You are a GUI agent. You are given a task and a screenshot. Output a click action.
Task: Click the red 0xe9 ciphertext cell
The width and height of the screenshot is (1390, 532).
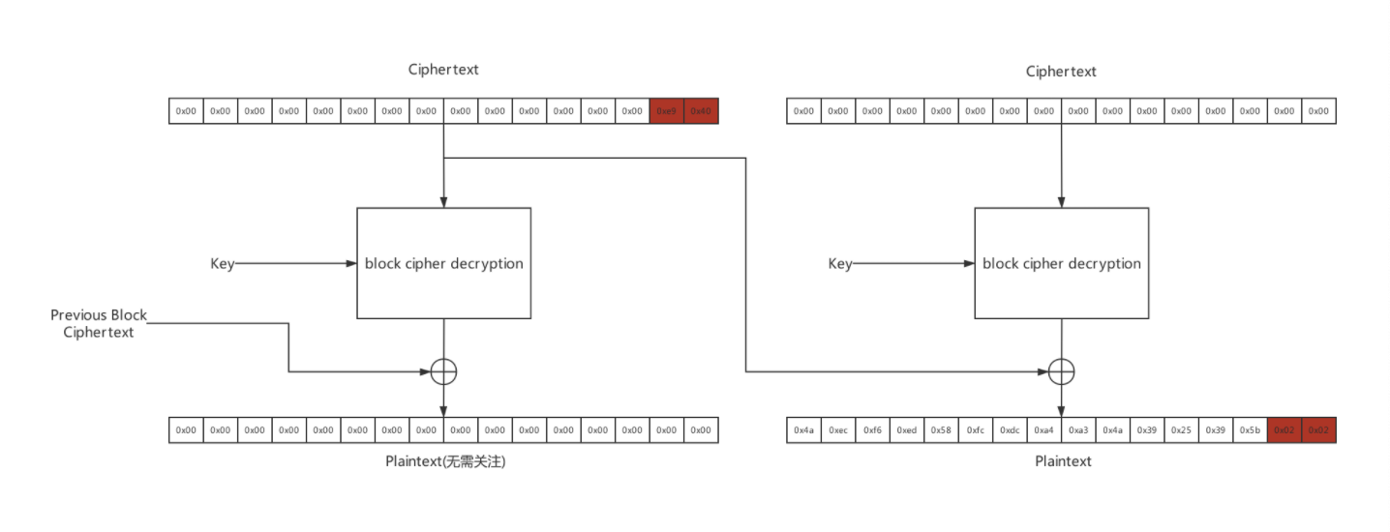pos(667,111)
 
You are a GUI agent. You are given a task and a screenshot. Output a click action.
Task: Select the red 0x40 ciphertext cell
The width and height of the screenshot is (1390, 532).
pos(701,111)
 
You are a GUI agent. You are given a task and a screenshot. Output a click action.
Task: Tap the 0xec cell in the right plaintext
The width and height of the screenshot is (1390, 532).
pos(838,429)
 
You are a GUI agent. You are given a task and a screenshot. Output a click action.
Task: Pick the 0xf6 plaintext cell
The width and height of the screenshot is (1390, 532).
pos(872,429)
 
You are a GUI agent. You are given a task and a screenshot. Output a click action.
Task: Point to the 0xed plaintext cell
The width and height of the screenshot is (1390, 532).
pos(907,429)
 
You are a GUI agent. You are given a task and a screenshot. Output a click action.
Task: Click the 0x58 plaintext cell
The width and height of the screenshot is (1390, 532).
pos(941,429)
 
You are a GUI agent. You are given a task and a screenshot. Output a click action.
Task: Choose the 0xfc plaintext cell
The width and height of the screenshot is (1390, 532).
pos(976,429)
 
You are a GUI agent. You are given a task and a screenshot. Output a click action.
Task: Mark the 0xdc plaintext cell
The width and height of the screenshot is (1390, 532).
pos(1010,429)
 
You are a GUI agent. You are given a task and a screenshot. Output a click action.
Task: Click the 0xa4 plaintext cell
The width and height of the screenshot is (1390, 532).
pos(1044,429)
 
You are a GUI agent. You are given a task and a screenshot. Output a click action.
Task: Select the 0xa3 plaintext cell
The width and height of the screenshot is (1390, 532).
pos(1078,429)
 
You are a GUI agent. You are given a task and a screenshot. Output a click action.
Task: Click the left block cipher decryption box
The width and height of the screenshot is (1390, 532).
pos(443,263)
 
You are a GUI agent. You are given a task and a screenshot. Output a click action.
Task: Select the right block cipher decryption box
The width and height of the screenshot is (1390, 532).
pos(1061,263)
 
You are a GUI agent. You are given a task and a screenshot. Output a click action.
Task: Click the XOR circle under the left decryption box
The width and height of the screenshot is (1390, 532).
pos(443,371)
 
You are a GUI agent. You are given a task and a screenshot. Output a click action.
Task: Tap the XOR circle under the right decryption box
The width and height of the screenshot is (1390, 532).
pos(1062,371)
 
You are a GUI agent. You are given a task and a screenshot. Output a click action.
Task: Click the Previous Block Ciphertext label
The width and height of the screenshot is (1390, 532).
pos(99,324)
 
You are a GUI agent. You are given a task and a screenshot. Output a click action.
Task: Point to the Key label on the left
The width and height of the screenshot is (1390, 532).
pos(223,263)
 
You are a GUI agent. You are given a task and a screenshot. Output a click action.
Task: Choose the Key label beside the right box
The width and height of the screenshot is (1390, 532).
pos(840,263)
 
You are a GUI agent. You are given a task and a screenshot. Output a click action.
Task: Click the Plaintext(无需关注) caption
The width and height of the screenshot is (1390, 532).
pos(445,461)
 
